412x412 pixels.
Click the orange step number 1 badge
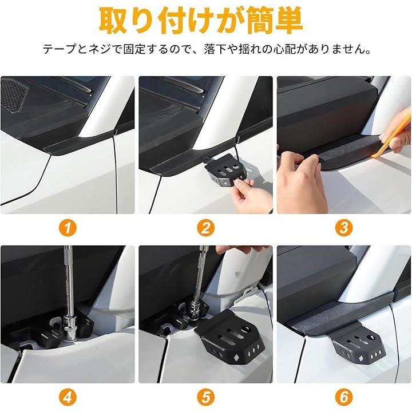pos(68,228)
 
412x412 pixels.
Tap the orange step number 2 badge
pos(206,228)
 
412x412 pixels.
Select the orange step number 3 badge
pos(344,228)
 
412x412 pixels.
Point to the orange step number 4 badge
pos(68,397)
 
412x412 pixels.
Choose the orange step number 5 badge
pos(206,397)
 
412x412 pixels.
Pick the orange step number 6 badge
pos(344,397)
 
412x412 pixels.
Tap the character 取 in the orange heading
pos(114,21)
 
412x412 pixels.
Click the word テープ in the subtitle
pos(59,49)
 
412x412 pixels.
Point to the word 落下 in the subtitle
pos(215,49)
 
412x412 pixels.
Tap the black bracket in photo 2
pos(225,171)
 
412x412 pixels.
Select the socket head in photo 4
pos(70,328)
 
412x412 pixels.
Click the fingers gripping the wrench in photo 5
pos(236,249)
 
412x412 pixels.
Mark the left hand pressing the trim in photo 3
pos(302,181)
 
